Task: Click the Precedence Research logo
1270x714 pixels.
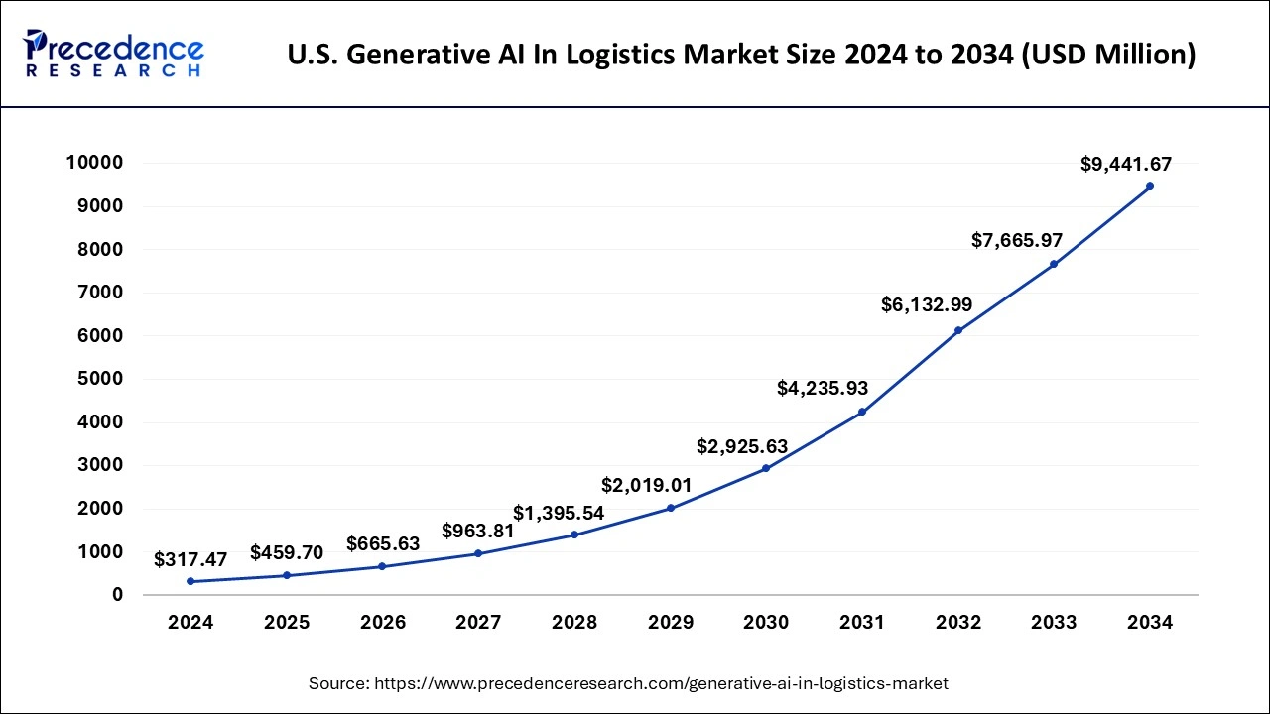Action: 115,54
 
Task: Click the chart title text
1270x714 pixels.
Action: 741,55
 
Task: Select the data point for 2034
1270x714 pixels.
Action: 1150,186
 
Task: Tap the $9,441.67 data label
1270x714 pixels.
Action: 1125,164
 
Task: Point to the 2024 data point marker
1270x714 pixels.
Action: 190,581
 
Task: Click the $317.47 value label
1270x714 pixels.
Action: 190,559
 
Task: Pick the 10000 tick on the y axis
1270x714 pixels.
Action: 93,163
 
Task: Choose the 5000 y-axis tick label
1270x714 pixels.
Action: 98,379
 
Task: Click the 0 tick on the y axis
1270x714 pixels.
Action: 118,595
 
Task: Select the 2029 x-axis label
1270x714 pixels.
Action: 670,623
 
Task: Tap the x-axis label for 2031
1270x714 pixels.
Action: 862,623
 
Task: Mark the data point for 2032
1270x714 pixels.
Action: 958,330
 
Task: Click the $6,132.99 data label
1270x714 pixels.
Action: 927,305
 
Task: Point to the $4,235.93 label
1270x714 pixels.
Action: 823,388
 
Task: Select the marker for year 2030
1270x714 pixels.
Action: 766,468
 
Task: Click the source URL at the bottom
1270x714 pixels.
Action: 628,683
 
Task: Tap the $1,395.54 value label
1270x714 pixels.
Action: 559,513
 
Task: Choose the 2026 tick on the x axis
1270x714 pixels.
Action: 382,623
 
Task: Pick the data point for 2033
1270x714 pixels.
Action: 1054,264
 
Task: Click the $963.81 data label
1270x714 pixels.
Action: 478,531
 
